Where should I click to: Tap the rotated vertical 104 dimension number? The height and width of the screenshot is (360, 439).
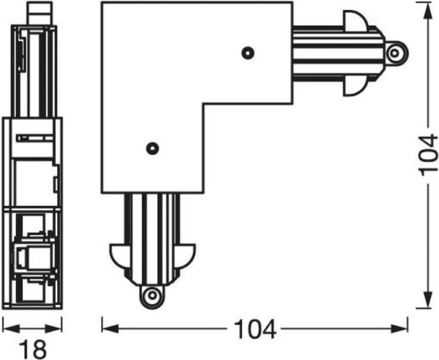427,154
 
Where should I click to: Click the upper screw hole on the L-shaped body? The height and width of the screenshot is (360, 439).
247,53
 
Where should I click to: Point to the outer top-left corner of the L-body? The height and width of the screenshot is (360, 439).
102,4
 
